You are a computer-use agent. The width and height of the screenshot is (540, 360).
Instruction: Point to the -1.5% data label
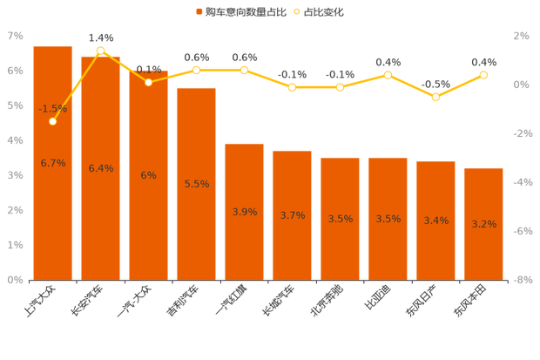coord(52,109)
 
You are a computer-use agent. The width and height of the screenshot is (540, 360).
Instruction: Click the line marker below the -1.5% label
coord(53,121)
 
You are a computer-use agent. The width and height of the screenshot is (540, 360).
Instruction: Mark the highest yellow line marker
coord(101,51)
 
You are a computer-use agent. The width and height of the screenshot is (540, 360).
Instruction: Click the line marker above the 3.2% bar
coord(483,75)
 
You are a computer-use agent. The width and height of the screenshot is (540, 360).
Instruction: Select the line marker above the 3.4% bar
coord(435,97)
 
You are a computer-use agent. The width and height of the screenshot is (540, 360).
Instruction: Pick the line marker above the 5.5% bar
coord(196,70)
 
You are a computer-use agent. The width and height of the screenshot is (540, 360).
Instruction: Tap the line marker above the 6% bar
coord(149,82)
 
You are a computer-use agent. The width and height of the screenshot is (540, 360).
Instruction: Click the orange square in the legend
coord(199,12)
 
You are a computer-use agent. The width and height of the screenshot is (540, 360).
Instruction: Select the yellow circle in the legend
coord(297,12)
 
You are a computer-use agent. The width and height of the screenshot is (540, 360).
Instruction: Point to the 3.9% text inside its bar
coord(245,212)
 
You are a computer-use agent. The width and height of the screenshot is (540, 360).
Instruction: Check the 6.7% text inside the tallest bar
coord(53,163)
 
